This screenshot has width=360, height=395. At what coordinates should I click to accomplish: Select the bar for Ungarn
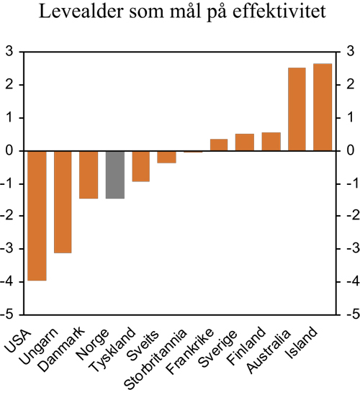click(63, 201)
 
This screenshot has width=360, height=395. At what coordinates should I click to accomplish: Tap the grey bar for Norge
click(115, 174)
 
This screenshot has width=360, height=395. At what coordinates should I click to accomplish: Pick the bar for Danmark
click(89, 174)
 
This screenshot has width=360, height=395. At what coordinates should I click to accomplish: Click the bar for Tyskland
click(141, 165)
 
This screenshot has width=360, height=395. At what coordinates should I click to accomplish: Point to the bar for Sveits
click(167, 157)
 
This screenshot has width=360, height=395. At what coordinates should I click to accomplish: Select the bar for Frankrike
click(219, 145)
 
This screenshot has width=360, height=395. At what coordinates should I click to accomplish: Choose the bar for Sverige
click(245, 142)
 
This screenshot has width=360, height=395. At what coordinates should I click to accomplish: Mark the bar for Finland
click(271, 142)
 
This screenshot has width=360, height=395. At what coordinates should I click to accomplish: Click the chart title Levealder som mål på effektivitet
click(179, 14)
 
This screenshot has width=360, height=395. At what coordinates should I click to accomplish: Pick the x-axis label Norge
click(104, 341)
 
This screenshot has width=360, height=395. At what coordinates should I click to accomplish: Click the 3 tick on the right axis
click(348, 52)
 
